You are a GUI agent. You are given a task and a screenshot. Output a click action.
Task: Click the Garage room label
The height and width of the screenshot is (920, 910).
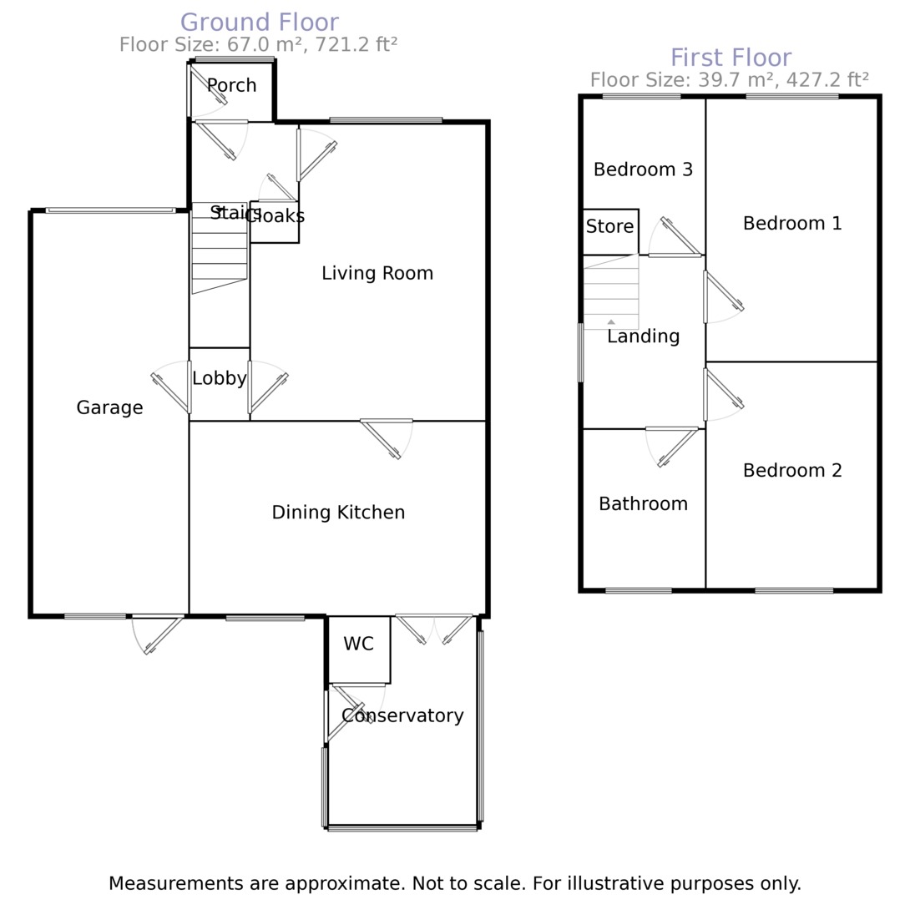pos(109,407)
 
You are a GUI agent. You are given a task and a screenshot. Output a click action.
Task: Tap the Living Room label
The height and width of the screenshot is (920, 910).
pos(377,273)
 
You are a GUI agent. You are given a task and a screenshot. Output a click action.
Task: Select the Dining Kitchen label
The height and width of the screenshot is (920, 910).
pos(338,513)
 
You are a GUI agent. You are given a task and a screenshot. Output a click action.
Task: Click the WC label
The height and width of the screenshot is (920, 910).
pos(358,644)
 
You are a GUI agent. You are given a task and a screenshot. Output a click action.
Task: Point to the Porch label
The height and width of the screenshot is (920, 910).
pos(231,85)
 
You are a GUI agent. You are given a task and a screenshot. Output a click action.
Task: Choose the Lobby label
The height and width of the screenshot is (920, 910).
pos(219,378)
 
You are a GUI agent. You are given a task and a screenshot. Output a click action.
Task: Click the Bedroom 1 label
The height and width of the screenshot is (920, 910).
pos(792,223)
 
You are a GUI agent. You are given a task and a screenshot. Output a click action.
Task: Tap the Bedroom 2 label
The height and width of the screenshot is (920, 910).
pos(792,470)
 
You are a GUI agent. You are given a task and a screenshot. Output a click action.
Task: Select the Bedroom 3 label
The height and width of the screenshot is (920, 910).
pos(643,169)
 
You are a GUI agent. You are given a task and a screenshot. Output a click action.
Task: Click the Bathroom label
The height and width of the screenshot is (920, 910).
pos(643,503)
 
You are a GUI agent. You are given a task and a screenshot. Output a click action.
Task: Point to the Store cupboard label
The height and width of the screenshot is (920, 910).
pos(609,226)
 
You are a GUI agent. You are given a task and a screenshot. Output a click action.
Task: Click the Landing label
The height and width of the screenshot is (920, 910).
pos(643,336)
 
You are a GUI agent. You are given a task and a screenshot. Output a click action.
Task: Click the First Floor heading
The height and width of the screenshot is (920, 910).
pos(731,58)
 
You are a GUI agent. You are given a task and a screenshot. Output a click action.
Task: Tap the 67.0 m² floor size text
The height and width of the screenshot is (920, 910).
pos(257,44)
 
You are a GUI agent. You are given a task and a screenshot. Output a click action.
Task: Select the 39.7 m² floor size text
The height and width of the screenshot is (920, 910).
pos(729,80)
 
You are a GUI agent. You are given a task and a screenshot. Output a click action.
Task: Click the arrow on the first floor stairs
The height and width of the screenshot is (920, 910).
pos(611,321)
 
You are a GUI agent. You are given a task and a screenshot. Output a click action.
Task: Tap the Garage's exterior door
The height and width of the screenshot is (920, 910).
pos(159,634)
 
